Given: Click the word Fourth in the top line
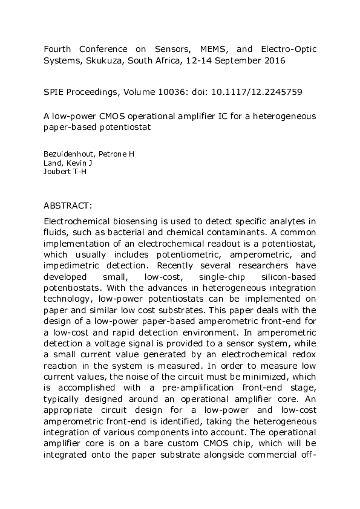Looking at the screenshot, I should click(57, 49).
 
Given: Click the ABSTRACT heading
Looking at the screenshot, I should click(67, 205).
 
